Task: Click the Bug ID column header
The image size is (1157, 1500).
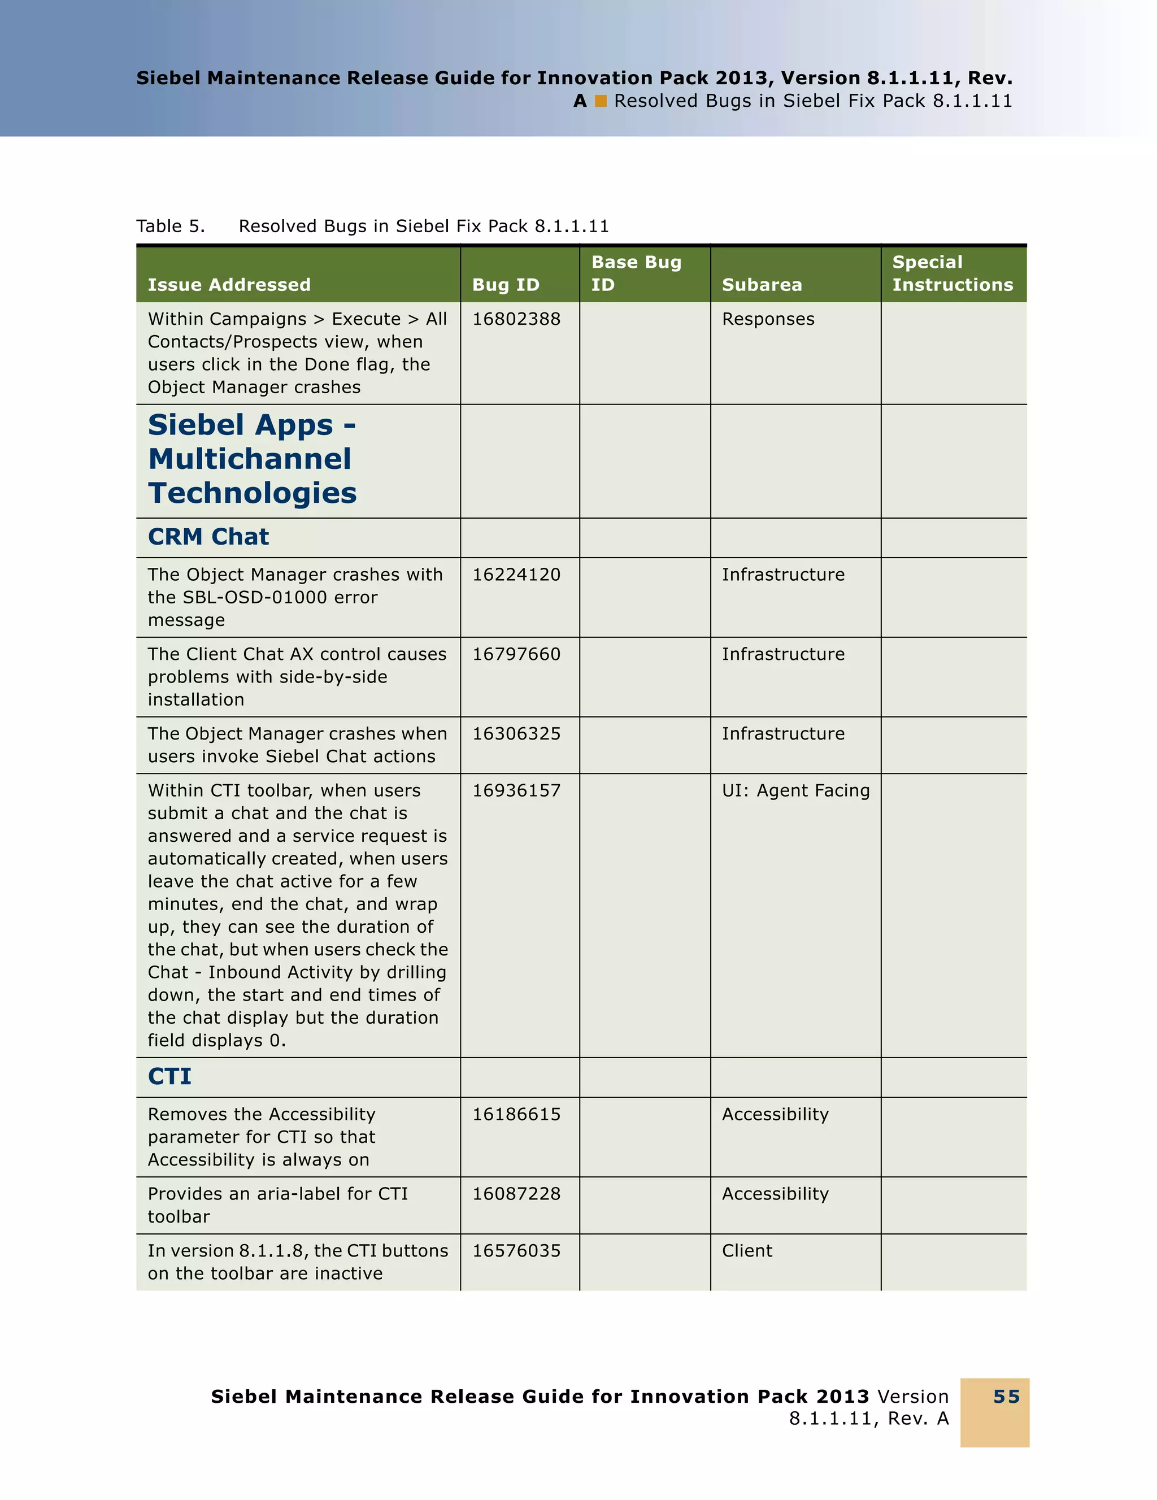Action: tap(506, 284)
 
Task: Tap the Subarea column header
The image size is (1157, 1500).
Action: tap(762, 284)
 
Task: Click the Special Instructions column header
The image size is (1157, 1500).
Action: tap(952, 273)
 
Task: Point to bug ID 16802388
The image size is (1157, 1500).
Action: tap(516, 319)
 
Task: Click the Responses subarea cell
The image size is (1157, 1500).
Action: tap(768, 319)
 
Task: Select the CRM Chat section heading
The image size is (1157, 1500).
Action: tap(208, 536)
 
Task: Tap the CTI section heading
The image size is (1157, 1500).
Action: tap(169, 1076)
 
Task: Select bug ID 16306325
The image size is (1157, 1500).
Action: tap(516, 733)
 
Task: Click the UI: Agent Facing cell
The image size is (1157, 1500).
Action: tap(795, 790)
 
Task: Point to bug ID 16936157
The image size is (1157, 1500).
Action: tap(516, 790)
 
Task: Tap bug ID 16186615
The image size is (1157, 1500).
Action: tap(516, 1114)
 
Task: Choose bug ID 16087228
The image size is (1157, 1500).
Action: tap(516, 1194)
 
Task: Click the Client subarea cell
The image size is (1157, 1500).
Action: tap(746, 1251)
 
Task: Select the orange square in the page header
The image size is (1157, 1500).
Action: tap(601, 101)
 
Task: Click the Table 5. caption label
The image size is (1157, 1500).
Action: tap(170, 226)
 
